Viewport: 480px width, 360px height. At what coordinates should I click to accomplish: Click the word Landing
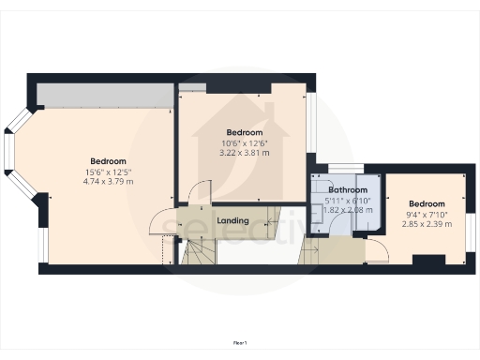tap(232, 220)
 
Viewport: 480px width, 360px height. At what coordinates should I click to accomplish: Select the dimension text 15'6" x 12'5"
tap(110, 172)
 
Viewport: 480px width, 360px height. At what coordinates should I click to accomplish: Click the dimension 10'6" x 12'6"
tap(244, 142)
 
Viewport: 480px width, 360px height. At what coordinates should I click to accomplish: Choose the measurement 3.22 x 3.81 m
tap(244, 152)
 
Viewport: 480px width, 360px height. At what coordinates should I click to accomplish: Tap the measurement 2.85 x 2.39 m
tap(426, 225)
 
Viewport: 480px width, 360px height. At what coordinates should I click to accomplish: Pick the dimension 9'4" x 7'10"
tap(426, 215)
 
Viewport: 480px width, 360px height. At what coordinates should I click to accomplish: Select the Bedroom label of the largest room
tap(110, 161)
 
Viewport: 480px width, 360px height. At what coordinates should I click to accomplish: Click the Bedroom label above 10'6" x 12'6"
tap(244, 132)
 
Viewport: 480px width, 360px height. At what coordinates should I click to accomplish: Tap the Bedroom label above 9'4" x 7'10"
tap(426, 204)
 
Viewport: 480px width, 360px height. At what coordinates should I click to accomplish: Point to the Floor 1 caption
tap(240, 344)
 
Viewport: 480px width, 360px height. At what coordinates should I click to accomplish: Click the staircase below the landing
tap(199, 250)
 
